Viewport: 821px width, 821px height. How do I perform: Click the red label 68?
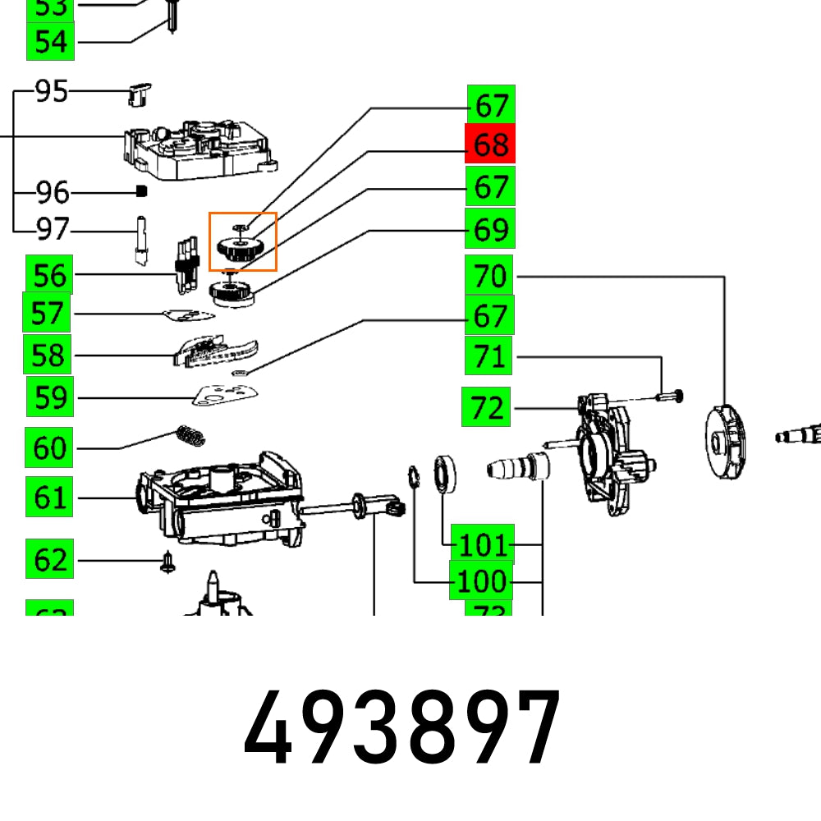pos(490,144)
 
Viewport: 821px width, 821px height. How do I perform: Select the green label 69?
pos(490,229)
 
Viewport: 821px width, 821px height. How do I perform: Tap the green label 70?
pos(490,276)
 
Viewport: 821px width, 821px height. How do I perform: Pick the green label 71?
pos(490,356)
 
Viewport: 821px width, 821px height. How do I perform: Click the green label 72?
pos(487,407)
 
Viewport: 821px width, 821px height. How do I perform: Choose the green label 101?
pos(485,544)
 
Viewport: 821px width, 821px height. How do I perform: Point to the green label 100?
pos(481,581)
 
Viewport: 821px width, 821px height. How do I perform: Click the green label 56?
pos(49,275)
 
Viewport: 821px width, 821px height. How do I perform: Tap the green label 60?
pos(49,448)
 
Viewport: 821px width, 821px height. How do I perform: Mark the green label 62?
pos(50,560)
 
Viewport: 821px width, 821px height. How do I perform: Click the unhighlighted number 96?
pos(53,193)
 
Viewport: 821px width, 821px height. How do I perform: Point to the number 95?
pos(52,91)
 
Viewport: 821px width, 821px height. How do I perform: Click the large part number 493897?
pos(402,727)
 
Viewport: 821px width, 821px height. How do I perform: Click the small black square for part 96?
pos(140,191)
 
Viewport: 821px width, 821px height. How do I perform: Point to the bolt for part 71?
pos(670,397)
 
